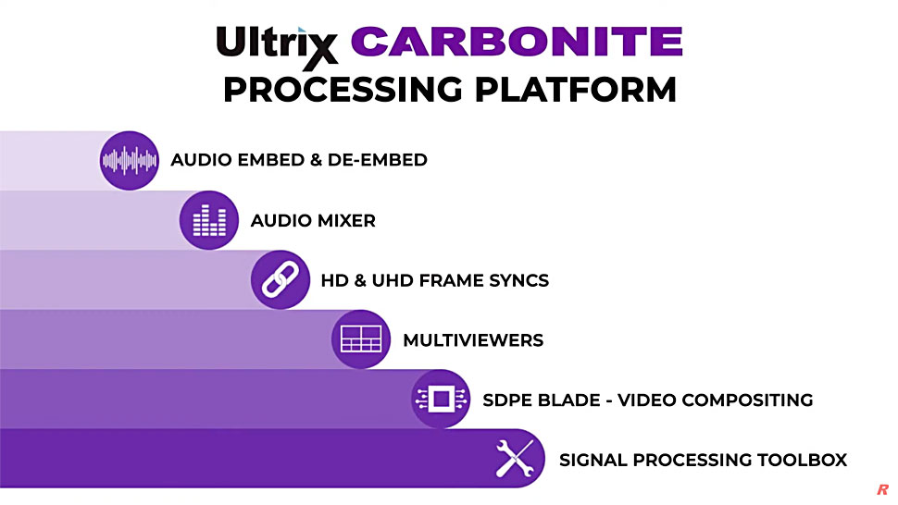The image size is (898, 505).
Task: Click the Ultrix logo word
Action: pos(277,44)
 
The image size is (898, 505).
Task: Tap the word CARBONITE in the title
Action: pos(517,42)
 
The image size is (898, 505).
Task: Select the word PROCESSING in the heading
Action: pos(343,90)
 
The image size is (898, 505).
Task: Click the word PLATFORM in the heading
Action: pos(576,90)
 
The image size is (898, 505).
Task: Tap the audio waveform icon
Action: pos(130,161)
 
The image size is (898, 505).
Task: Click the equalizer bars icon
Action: pos(209,220)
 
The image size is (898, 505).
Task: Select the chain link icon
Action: pos(281,279)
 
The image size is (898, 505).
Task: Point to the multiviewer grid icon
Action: pos(361,339)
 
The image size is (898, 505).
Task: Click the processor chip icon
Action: pos(441,399)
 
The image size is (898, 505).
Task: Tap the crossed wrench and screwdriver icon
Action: pos(515,458)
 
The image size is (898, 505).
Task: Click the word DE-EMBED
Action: pos(378,160)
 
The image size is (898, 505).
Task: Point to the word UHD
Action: pos(392,280)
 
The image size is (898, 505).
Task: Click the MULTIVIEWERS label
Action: pos(473,340)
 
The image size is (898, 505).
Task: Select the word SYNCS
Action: pos(518,280)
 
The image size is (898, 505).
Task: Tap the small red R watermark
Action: pos(882,489)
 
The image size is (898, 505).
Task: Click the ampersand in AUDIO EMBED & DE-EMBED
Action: pos(316,160)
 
